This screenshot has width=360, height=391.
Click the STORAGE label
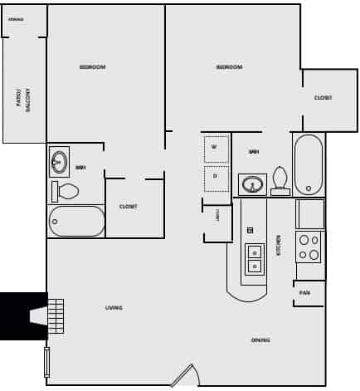[x=16, y=18]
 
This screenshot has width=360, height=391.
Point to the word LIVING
[x=114, y=308]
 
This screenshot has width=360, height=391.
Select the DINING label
[x=260, y=340]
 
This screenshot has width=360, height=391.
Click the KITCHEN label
[x=279, y=244]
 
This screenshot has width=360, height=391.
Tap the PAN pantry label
[x=304, y=293]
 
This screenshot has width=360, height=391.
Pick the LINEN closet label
[x=217, y=214]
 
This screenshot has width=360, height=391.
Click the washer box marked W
[x=215, y=148]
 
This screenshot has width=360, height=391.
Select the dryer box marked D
[x=215, y=177]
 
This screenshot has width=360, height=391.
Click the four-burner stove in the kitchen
[x=309, y=247]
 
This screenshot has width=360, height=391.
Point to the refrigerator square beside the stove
[x=310, y=213]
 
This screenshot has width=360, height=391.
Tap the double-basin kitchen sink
[x=254, y=258]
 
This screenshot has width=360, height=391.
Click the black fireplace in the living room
[x=22, y=315]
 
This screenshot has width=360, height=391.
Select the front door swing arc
[x=185, y=375]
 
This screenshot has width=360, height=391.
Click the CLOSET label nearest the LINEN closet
[x=128, y=206]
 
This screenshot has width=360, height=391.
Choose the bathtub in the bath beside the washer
[x=308, y=164]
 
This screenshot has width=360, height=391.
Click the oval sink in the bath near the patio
[x=59, y=162]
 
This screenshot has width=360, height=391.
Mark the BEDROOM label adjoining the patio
[x=92, y=66]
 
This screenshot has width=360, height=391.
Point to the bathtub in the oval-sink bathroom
[x=76, y=221]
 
